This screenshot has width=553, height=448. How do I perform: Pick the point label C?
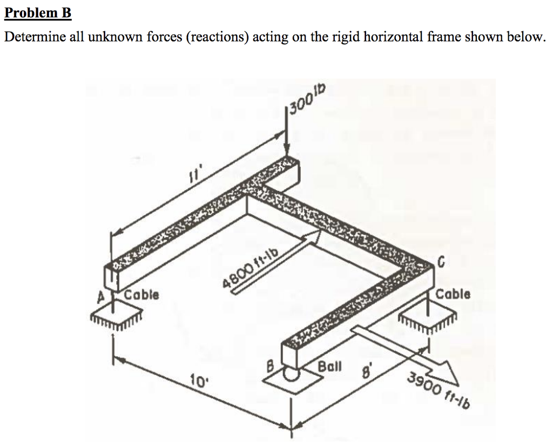[x=441, y=263]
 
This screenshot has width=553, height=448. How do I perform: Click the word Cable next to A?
[x=141, y=295]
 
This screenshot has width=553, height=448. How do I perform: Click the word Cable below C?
[x=453, y=295]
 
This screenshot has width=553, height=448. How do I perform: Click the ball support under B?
[x=292, y=375]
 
